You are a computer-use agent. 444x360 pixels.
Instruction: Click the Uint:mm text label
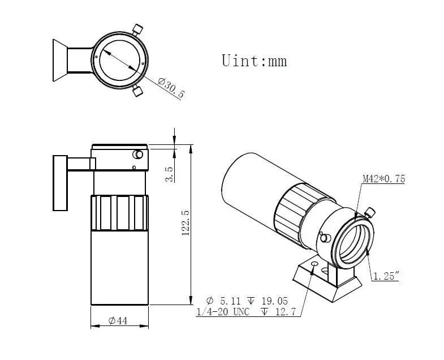pos(255,61)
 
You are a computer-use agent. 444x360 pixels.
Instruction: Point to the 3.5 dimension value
pos(169,174)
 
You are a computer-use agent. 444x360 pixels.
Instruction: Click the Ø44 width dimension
pos(118,320)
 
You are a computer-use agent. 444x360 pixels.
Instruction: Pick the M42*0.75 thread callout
pos(384,179)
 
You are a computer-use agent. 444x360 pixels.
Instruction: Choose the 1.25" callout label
pos(386,276)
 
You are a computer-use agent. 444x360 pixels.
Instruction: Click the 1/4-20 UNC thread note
pos(223,312)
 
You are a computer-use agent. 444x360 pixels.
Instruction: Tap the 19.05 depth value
pos(274,301)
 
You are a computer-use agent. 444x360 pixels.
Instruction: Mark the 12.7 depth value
pos(286,312)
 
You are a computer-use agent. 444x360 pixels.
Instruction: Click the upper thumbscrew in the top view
pos(137,29)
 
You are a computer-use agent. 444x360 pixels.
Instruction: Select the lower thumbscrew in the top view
pos(137,91)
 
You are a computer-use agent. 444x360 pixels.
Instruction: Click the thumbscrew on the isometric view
pos(370,213)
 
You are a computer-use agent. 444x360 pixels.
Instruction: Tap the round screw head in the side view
pos(138,155)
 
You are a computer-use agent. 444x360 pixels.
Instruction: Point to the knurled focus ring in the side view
pos(119,213)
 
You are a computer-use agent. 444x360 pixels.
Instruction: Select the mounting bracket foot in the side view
pos(61,183)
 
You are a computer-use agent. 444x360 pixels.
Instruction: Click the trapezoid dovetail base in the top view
pos(60,61)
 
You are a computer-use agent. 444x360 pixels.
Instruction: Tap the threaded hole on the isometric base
pos(314,264)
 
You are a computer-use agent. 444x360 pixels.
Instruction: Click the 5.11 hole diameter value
pos(230,301)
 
